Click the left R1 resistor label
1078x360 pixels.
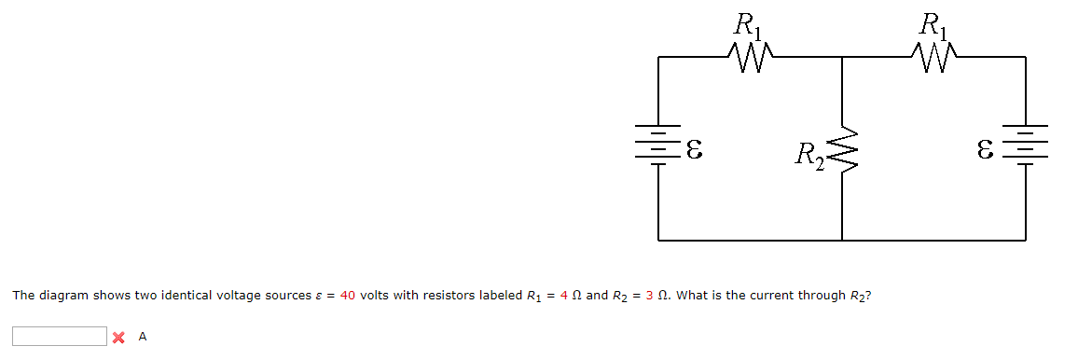[748, 23]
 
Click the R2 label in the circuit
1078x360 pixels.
[808, 153]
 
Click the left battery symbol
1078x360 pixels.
[659, 144]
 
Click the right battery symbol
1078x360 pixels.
[1025, 144]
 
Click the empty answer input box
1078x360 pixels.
[60, 336]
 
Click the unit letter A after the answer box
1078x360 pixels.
[142, 337]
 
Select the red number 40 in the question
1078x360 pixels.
[349, 296]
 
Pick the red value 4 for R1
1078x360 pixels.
[563, 296]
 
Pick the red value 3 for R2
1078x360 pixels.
[649, 296]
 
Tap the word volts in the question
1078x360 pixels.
[375, 296]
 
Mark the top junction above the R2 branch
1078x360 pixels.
[842, 58]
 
